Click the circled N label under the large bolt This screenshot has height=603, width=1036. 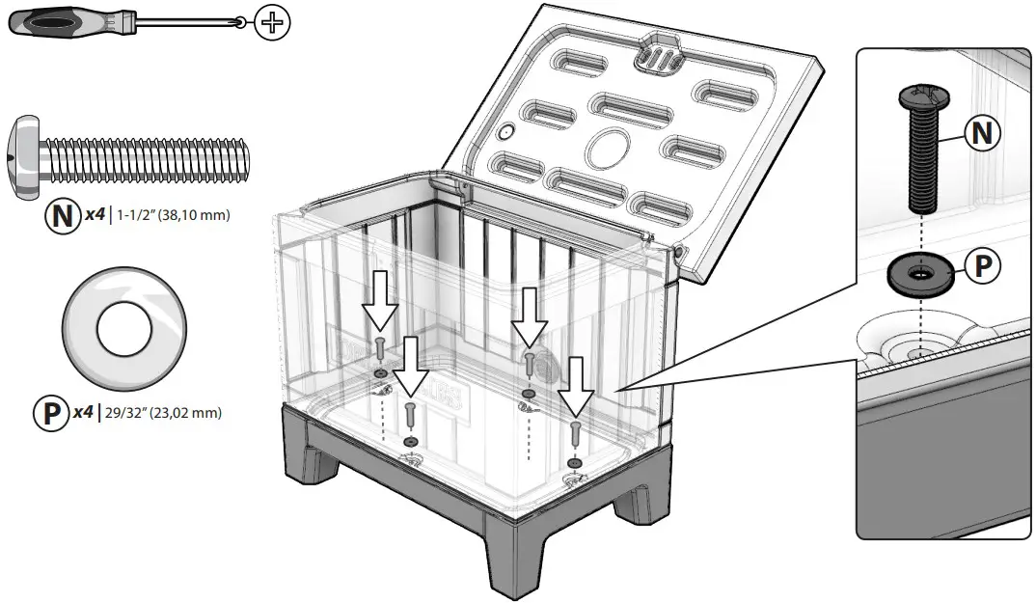[62, 215]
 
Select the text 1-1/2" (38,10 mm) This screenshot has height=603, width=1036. [174, 215]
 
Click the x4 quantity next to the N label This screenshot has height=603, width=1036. [94, 214]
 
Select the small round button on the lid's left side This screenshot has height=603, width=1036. [506, 132]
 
